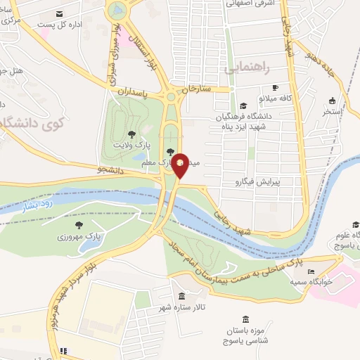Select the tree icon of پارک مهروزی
(79, 225)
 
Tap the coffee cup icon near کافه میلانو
(276, 88)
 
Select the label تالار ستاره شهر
(182, 306)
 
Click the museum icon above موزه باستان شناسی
(245, 319)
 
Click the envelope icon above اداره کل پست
(59, 14)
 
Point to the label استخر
(332, 111)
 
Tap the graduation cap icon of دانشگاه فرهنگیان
(243, 105)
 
